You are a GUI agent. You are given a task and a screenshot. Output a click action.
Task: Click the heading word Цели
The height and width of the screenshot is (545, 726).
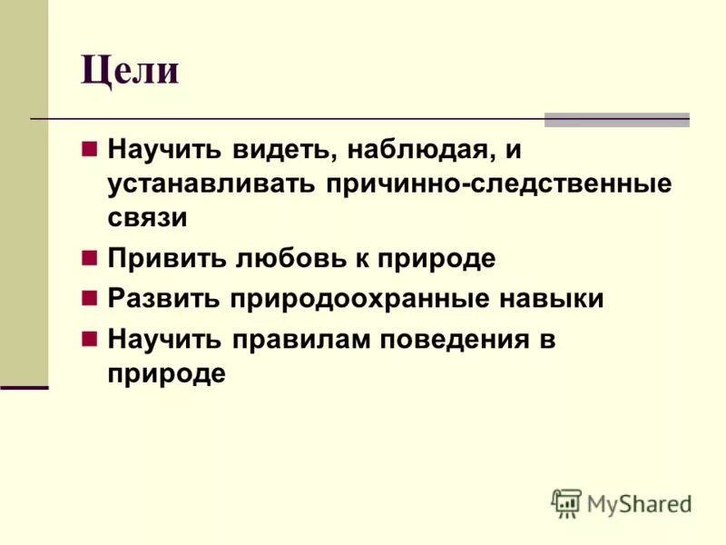(x=130, y=70)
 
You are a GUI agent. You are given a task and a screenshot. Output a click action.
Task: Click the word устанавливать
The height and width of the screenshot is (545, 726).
(x=211, y=183)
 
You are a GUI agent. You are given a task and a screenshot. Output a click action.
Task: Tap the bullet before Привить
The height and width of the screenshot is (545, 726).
(x=89, y=258)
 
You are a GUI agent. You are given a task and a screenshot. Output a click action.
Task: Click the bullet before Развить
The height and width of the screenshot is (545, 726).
(x=89, y=298)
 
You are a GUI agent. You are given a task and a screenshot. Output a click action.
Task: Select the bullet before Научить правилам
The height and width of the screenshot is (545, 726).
(x=89, y=339)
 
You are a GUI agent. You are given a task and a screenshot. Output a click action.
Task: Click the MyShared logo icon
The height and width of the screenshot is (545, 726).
(x=566, y=502)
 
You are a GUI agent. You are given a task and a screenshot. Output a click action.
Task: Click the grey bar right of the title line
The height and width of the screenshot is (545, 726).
(x=616, y=119)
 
